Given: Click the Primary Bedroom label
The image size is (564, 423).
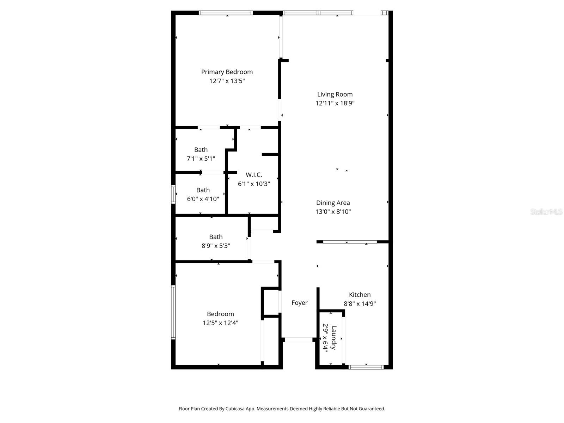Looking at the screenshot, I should click(x=227, y=72).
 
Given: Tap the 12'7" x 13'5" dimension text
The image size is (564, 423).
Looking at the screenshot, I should click(x=227, y=81).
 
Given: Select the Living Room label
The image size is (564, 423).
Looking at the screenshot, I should click(x=335, y=94).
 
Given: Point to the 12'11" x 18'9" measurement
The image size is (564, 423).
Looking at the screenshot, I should click(x=335, y=103).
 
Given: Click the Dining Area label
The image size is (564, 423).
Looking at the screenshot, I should click(x=333, y=203).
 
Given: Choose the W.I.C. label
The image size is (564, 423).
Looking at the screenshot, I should click(x=253, y=175).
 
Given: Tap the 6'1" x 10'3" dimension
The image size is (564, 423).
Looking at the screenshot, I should click(x=253, y=184).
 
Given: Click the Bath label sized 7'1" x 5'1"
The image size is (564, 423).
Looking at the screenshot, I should click(x=201, y=150).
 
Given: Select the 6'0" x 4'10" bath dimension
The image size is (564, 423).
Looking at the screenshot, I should click(x=203, y=199).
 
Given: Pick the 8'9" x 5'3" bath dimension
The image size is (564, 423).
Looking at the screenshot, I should click(x=216, y=246).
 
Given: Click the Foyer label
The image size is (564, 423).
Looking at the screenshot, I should click(x=299, y=303).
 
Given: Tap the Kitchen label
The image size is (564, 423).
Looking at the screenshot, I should click(x=360, y=295).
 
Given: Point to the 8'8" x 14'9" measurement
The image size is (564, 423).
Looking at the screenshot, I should click(x=360, y=304).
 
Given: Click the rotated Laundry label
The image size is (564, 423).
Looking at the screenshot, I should click(x=334, y=338).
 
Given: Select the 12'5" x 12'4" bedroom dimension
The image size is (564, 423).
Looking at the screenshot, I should click(x=220, y=323).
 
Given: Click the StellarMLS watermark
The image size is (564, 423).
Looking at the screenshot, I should click(x=546, y=211).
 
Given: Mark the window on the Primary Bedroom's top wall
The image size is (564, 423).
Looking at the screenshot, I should click(x=226, y=13).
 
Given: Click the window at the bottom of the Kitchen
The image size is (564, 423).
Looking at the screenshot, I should click(x=366, y=367).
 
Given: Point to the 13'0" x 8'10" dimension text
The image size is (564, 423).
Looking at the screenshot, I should click(x=333, y=211).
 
